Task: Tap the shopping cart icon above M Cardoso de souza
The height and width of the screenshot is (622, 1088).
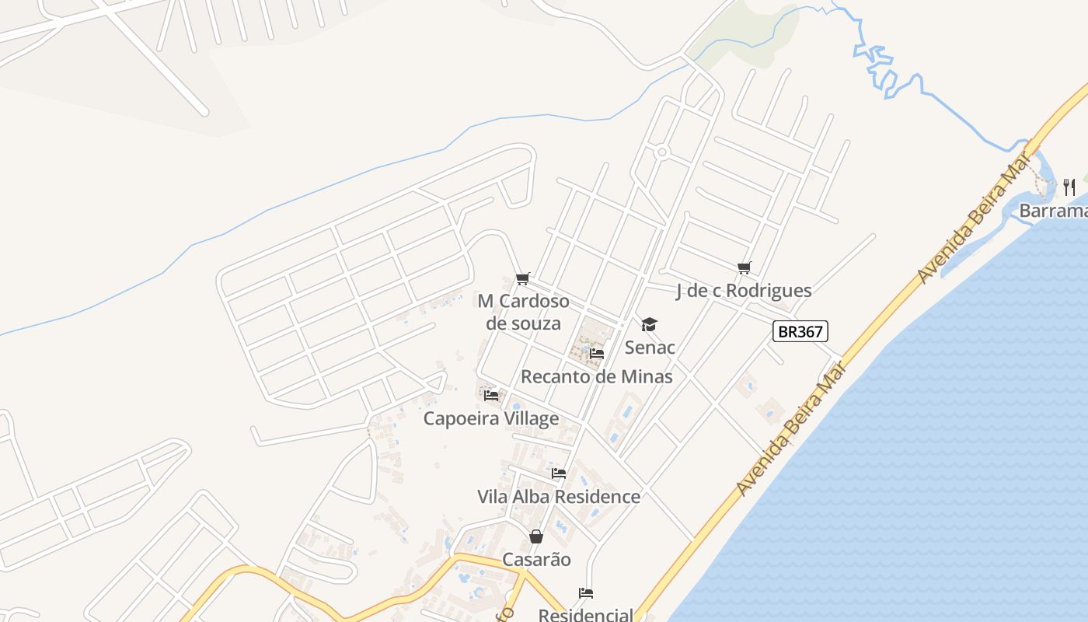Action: pyautogui.click(x=523, y=278)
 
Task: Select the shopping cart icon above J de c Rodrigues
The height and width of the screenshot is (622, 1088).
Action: pyautogui.click(x=745, y=268)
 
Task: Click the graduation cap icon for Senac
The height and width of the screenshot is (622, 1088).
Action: pyautogui.click(x=649, y=325)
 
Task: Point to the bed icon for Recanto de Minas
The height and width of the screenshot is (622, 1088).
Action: pyautogui.click(x=597, y=354)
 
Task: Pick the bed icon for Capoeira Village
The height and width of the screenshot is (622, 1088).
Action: pyautogui.click(x=491, y=396)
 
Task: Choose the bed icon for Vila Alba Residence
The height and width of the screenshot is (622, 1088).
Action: pyautogui.click(x=559, y=473)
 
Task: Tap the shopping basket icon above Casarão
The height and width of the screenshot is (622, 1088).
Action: pyautogui.click(x=536, y=536)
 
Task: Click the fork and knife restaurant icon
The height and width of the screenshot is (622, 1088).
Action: pyautogui.click(x=1069, y=187)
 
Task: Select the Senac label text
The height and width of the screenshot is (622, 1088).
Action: pyautogui.click(x=650, y=348)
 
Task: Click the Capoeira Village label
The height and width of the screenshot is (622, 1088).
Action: pyautogui.click(x=491, y=419)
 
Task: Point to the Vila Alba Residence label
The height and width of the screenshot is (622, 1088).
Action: pyautogui.click(x=559, y=497)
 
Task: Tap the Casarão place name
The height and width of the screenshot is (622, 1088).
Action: pyautogui.click(x=536, y=560)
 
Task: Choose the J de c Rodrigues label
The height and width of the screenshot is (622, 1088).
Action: pyautogui.click(x=744, y=291)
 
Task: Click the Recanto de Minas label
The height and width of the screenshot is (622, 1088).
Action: pyautogui.click(x=597, y=377)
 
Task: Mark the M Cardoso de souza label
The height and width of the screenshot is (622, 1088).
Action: pyautogui.click(x=523, y=312)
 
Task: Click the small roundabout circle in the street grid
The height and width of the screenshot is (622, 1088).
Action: pyautogui.click(x=662, y=152)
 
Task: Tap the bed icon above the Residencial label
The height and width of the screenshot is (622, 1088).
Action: pyautogui.click(x=586, y=594)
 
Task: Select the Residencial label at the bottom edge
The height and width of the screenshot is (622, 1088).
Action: pyautogui.click(x=586, y=615)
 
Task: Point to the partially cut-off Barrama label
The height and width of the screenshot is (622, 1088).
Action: pyautogui.click(x=1053, y=211)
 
